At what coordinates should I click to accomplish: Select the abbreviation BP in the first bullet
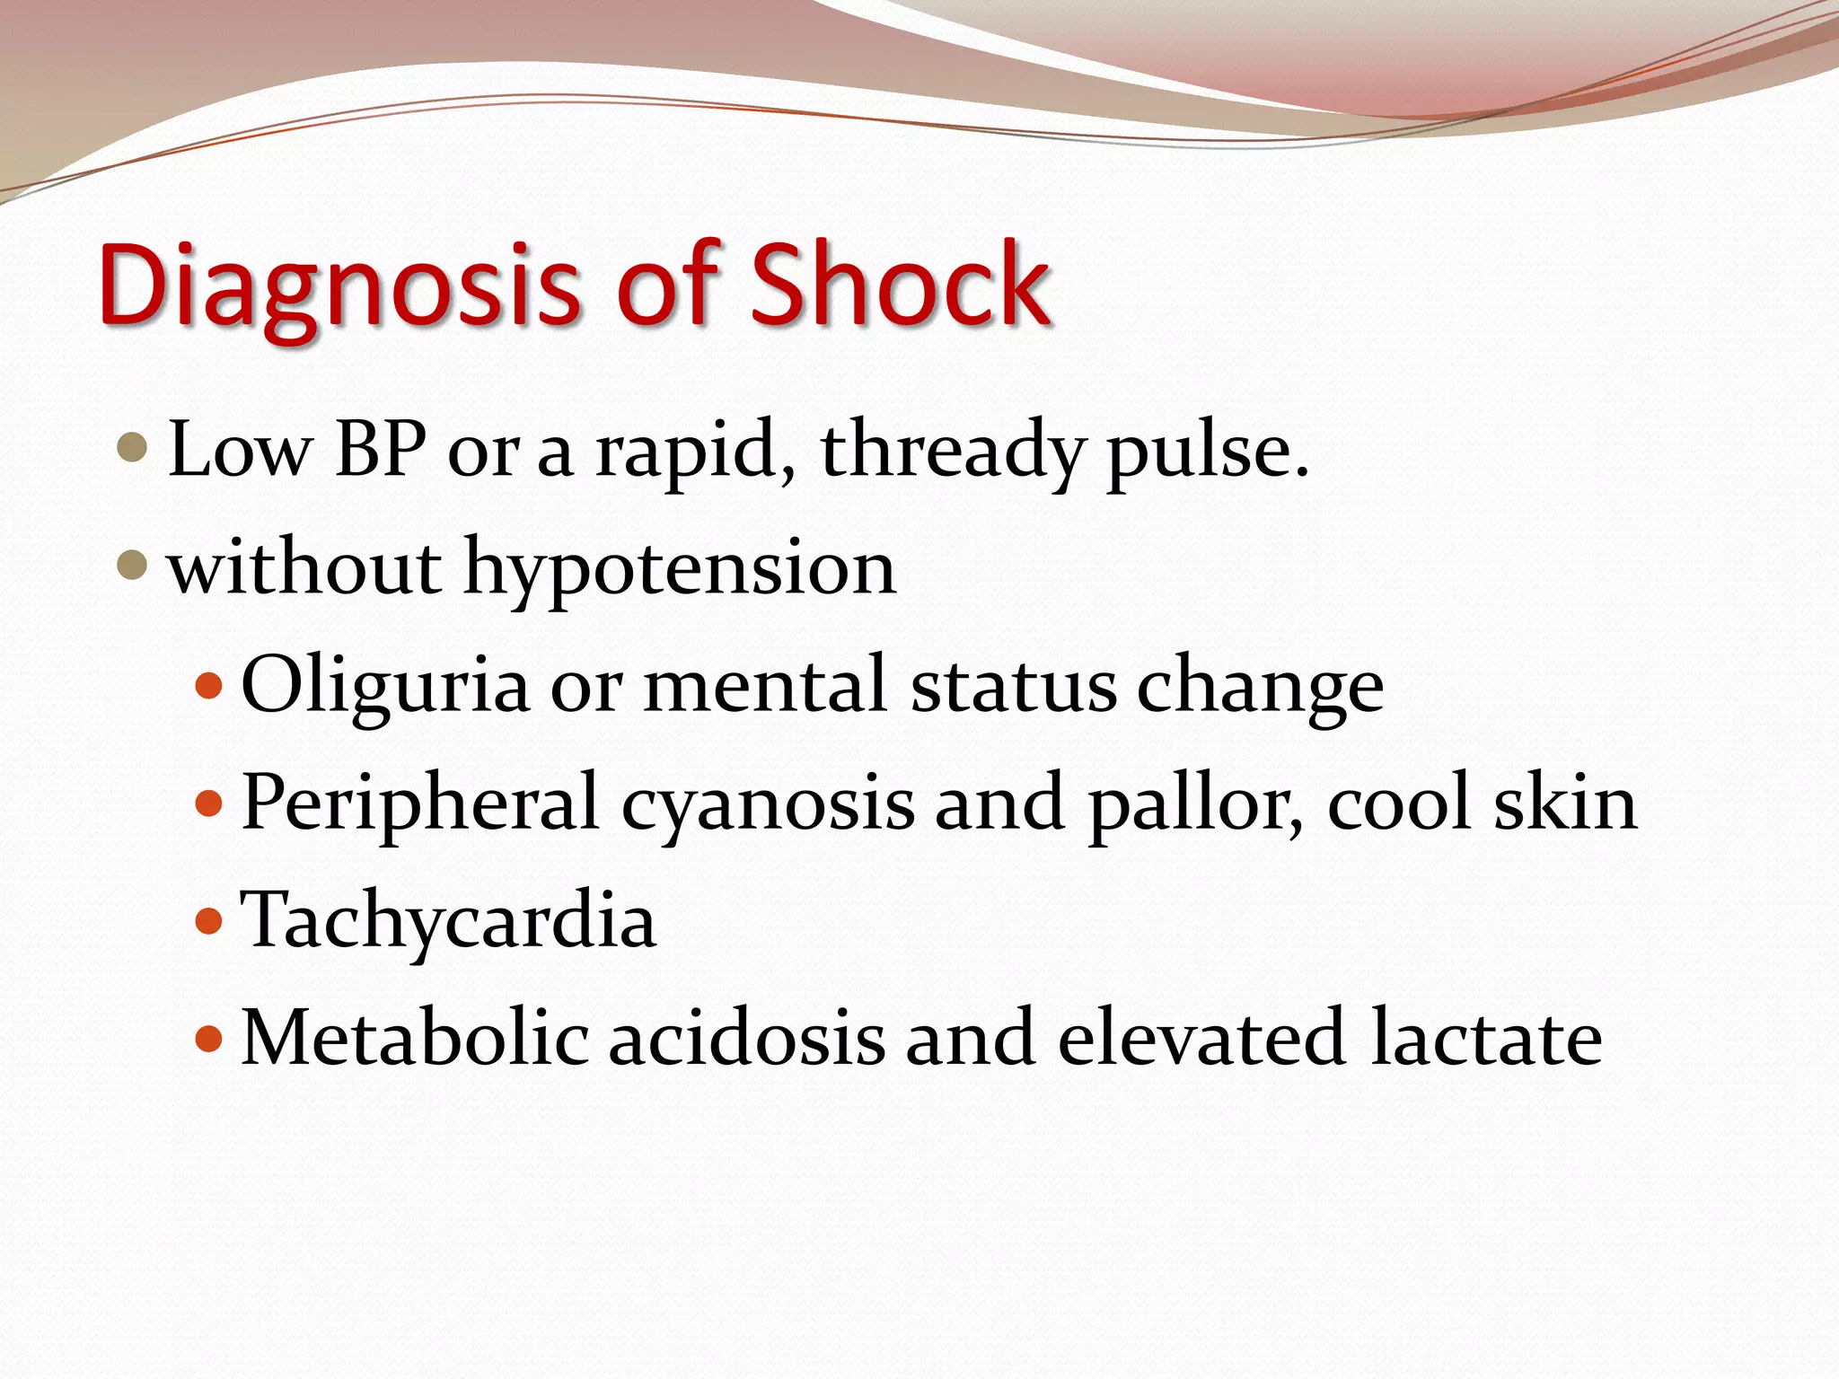pos(380,449)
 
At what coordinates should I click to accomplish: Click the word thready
pos(951,452)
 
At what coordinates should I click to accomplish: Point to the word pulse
pos(1207,452)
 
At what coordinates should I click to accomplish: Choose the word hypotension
pos(679,570)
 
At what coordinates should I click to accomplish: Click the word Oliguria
pos(385,688)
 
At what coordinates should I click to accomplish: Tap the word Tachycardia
pos(449,922)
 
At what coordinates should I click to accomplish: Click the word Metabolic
pos(415,1039)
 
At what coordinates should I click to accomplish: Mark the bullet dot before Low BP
pos(132,447)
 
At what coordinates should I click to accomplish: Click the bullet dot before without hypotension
pos(132,565)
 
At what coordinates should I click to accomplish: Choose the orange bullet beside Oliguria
pos(208,687)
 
